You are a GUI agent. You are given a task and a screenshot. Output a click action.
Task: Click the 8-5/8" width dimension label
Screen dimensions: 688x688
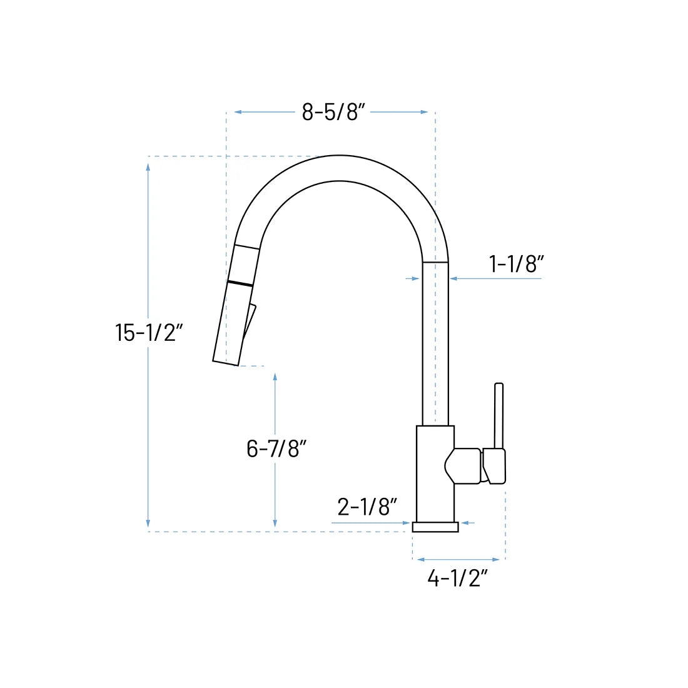334,113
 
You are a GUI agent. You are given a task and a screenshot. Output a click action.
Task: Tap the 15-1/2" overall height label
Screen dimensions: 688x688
148,333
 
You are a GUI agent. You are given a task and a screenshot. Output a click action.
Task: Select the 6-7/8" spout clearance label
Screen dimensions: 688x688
276,448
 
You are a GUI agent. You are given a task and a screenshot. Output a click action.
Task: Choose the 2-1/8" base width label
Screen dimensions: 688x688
367,507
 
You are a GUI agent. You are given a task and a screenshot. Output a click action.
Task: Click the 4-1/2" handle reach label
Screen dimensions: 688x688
457,579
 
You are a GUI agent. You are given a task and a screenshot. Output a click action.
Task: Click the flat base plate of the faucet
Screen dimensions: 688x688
435,527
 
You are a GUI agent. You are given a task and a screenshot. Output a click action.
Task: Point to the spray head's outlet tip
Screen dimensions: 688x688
225,362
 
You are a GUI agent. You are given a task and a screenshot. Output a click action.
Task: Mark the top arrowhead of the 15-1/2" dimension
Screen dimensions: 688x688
148,166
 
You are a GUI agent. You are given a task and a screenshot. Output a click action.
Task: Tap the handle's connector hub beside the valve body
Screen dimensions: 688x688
466,466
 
